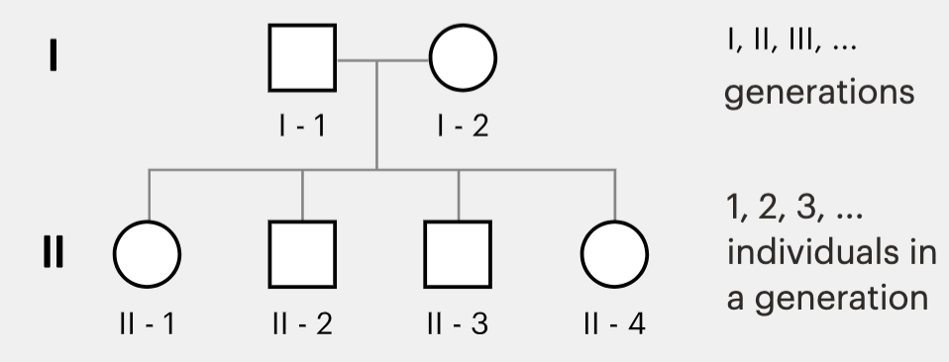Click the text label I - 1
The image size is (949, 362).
(x=302, y=126)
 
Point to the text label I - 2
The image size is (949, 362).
(x=463, y=126)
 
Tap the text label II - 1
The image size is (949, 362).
(x=148, y=324)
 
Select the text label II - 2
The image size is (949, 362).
(x=302, y=324)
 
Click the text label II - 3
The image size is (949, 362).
(x=458, y=324)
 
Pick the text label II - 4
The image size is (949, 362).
(x=615, y=324)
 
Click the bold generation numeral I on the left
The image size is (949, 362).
(x=53, y=55)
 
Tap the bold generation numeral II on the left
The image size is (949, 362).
(x=53, y=251)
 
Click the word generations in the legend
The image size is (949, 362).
(x=819, y=93)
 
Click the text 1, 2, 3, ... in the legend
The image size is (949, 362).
(x=794, y=207)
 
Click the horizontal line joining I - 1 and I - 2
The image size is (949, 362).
(x=382, y=60)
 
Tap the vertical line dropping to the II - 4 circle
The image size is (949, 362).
(x=615, y=195)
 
